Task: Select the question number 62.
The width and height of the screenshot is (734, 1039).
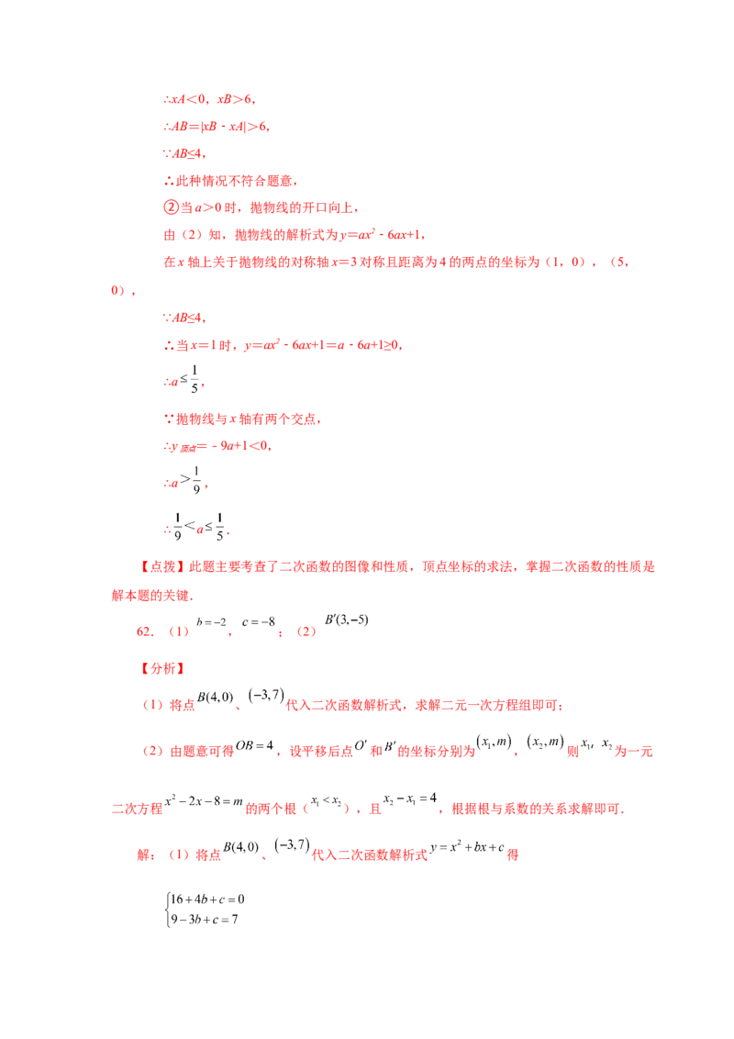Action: click(144, 631)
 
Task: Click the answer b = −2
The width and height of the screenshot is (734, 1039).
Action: click(211, 622)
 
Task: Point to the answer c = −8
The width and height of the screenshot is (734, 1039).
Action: click(259, 622)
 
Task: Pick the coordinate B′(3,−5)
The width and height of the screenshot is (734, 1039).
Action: click(347, 620)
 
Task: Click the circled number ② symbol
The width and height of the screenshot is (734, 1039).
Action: click(171, 207)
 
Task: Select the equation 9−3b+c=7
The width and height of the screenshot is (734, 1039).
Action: click(205, 920)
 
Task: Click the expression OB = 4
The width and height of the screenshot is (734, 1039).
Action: click(254, 745)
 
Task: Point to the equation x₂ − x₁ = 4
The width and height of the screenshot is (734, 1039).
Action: click(410, 799)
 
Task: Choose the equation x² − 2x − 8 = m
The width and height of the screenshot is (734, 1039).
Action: click(204, 801)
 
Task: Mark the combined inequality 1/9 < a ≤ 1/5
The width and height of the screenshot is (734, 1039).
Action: click(196, 527)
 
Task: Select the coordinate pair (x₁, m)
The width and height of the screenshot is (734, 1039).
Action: click(495, 743)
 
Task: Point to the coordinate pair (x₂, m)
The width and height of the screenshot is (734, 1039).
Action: click(545, 743)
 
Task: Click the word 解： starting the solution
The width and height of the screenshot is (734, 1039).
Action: click(147, 855)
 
